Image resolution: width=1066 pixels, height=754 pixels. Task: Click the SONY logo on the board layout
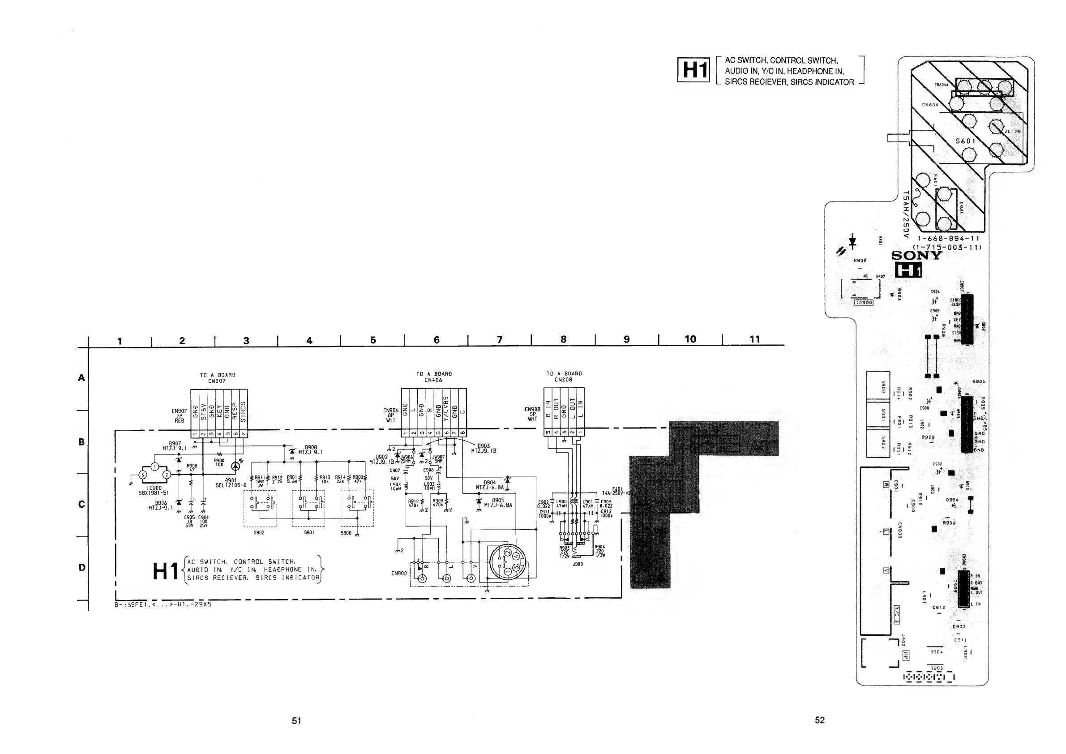tap(916, 255)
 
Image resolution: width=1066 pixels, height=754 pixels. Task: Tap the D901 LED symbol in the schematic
tap(235, 465)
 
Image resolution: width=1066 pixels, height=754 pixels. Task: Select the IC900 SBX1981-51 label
tap(154, 490)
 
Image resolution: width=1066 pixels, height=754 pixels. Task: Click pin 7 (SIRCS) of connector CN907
tap(243, 434)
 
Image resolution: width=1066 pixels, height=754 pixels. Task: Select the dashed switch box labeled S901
tap(308, 508)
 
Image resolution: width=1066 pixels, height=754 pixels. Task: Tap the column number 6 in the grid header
tap(437, 340)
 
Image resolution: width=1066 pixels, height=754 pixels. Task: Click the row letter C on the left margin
tap(82, 504)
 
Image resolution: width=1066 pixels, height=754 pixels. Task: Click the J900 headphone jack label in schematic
tap(578, 564)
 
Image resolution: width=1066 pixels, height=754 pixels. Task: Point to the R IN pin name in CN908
tap(548, 409)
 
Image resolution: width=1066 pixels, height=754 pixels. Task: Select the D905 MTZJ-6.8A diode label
tap(498, 503)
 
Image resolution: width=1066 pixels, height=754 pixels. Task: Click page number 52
tap(819, 720)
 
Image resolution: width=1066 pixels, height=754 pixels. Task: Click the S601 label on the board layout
tap(965, 141)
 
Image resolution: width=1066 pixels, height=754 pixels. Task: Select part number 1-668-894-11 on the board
tap(948, 239)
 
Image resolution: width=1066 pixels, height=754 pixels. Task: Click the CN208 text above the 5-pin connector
tap(564, 380)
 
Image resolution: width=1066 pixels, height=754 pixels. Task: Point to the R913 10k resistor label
tap(325, 479)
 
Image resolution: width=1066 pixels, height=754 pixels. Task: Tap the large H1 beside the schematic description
tap(166, 571)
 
